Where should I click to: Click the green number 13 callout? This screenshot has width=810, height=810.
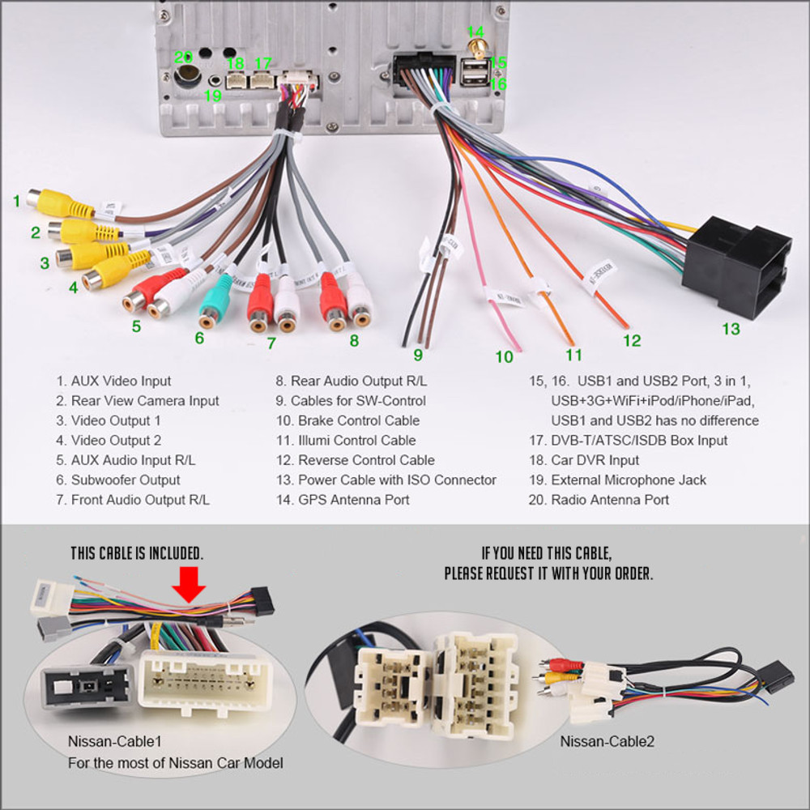[x=731, y=329]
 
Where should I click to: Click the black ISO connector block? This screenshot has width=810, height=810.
[x=735, y=268]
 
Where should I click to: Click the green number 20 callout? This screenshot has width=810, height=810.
[x=183, y=57]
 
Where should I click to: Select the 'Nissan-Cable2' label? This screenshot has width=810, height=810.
[x=607, y=741]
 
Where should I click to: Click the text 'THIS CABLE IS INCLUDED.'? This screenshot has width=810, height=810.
[x=136, y=553]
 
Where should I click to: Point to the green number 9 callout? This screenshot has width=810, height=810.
[x=418, y=354]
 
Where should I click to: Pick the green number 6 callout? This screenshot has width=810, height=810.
[x=199, y=338]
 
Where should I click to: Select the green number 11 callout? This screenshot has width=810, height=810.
[x=573, y=354]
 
